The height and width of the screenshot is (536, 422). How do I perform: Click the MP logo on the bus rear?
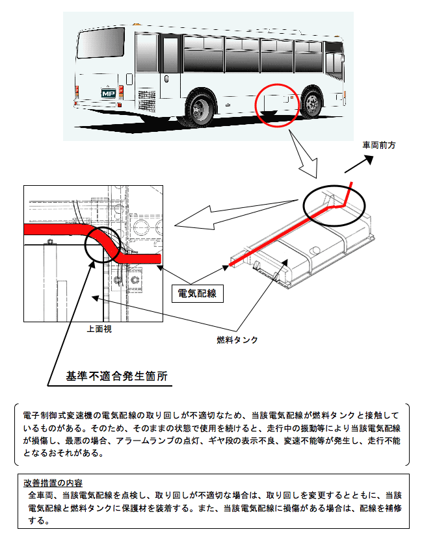point(108,93)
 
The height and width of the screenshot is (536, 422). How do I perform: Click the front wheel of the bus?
point(312,102)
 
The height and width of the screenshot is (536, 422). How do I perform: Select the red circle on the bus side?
point(277,105)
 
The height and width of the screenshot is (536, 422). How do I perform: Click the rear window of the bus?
point(101,42)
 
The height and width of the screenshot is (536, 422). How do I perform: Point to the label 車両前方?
point(379,146)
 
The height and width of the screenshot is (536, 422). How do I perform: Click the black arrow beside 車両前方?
point(359,164)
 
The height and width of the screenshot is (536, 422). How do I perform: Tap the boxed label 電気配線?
point(198,293)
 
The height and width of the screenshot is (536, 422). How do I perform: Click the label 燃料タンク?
point(237,339)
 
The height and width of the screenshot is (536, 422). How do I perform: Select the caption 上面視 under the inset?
point(99,329)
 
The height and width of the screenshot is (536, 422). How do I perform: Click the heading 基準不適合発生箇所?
point(116,376)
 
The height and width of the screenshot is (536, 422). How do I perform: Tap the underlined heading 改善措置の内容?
point(53,483)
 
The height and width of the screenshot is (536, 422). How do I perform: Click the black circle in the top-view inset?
point(102,244)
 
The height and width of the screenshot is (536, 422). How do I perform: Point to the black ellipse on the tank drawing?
point(334,205)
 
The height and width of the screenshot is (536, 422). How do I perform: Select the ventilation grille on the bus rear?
point(147,100)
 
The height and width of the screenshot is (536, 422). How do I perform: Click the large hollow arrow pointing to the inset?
point(236,214)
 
